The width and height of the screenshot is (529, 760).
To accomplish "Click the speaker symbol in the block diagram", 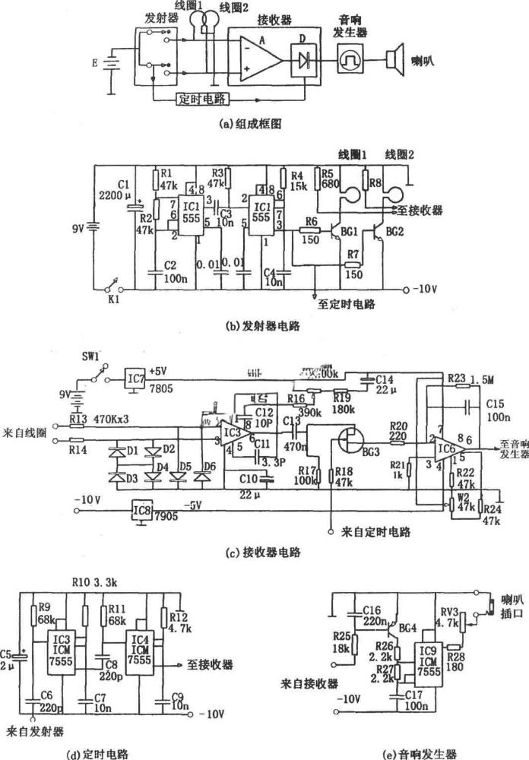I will [394, 58].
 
